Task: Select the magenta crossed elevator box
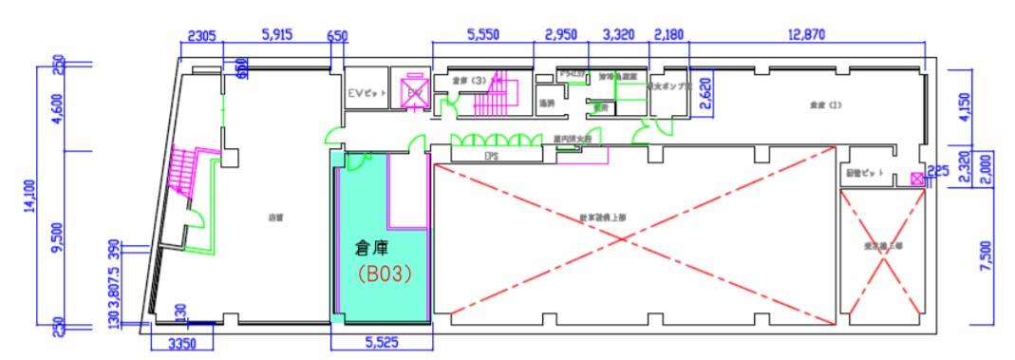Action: (x=415, y=91)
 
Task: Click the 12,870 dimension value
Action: (x=807, y=35)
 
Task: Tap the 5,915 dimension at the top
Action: (x=276, y=35)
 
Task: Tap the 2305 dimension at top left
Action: (x=202, y=35)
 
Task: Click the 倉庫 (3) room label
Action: (x=469, y=82)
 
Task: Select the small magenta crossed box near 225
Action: (x=916, y=178)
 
